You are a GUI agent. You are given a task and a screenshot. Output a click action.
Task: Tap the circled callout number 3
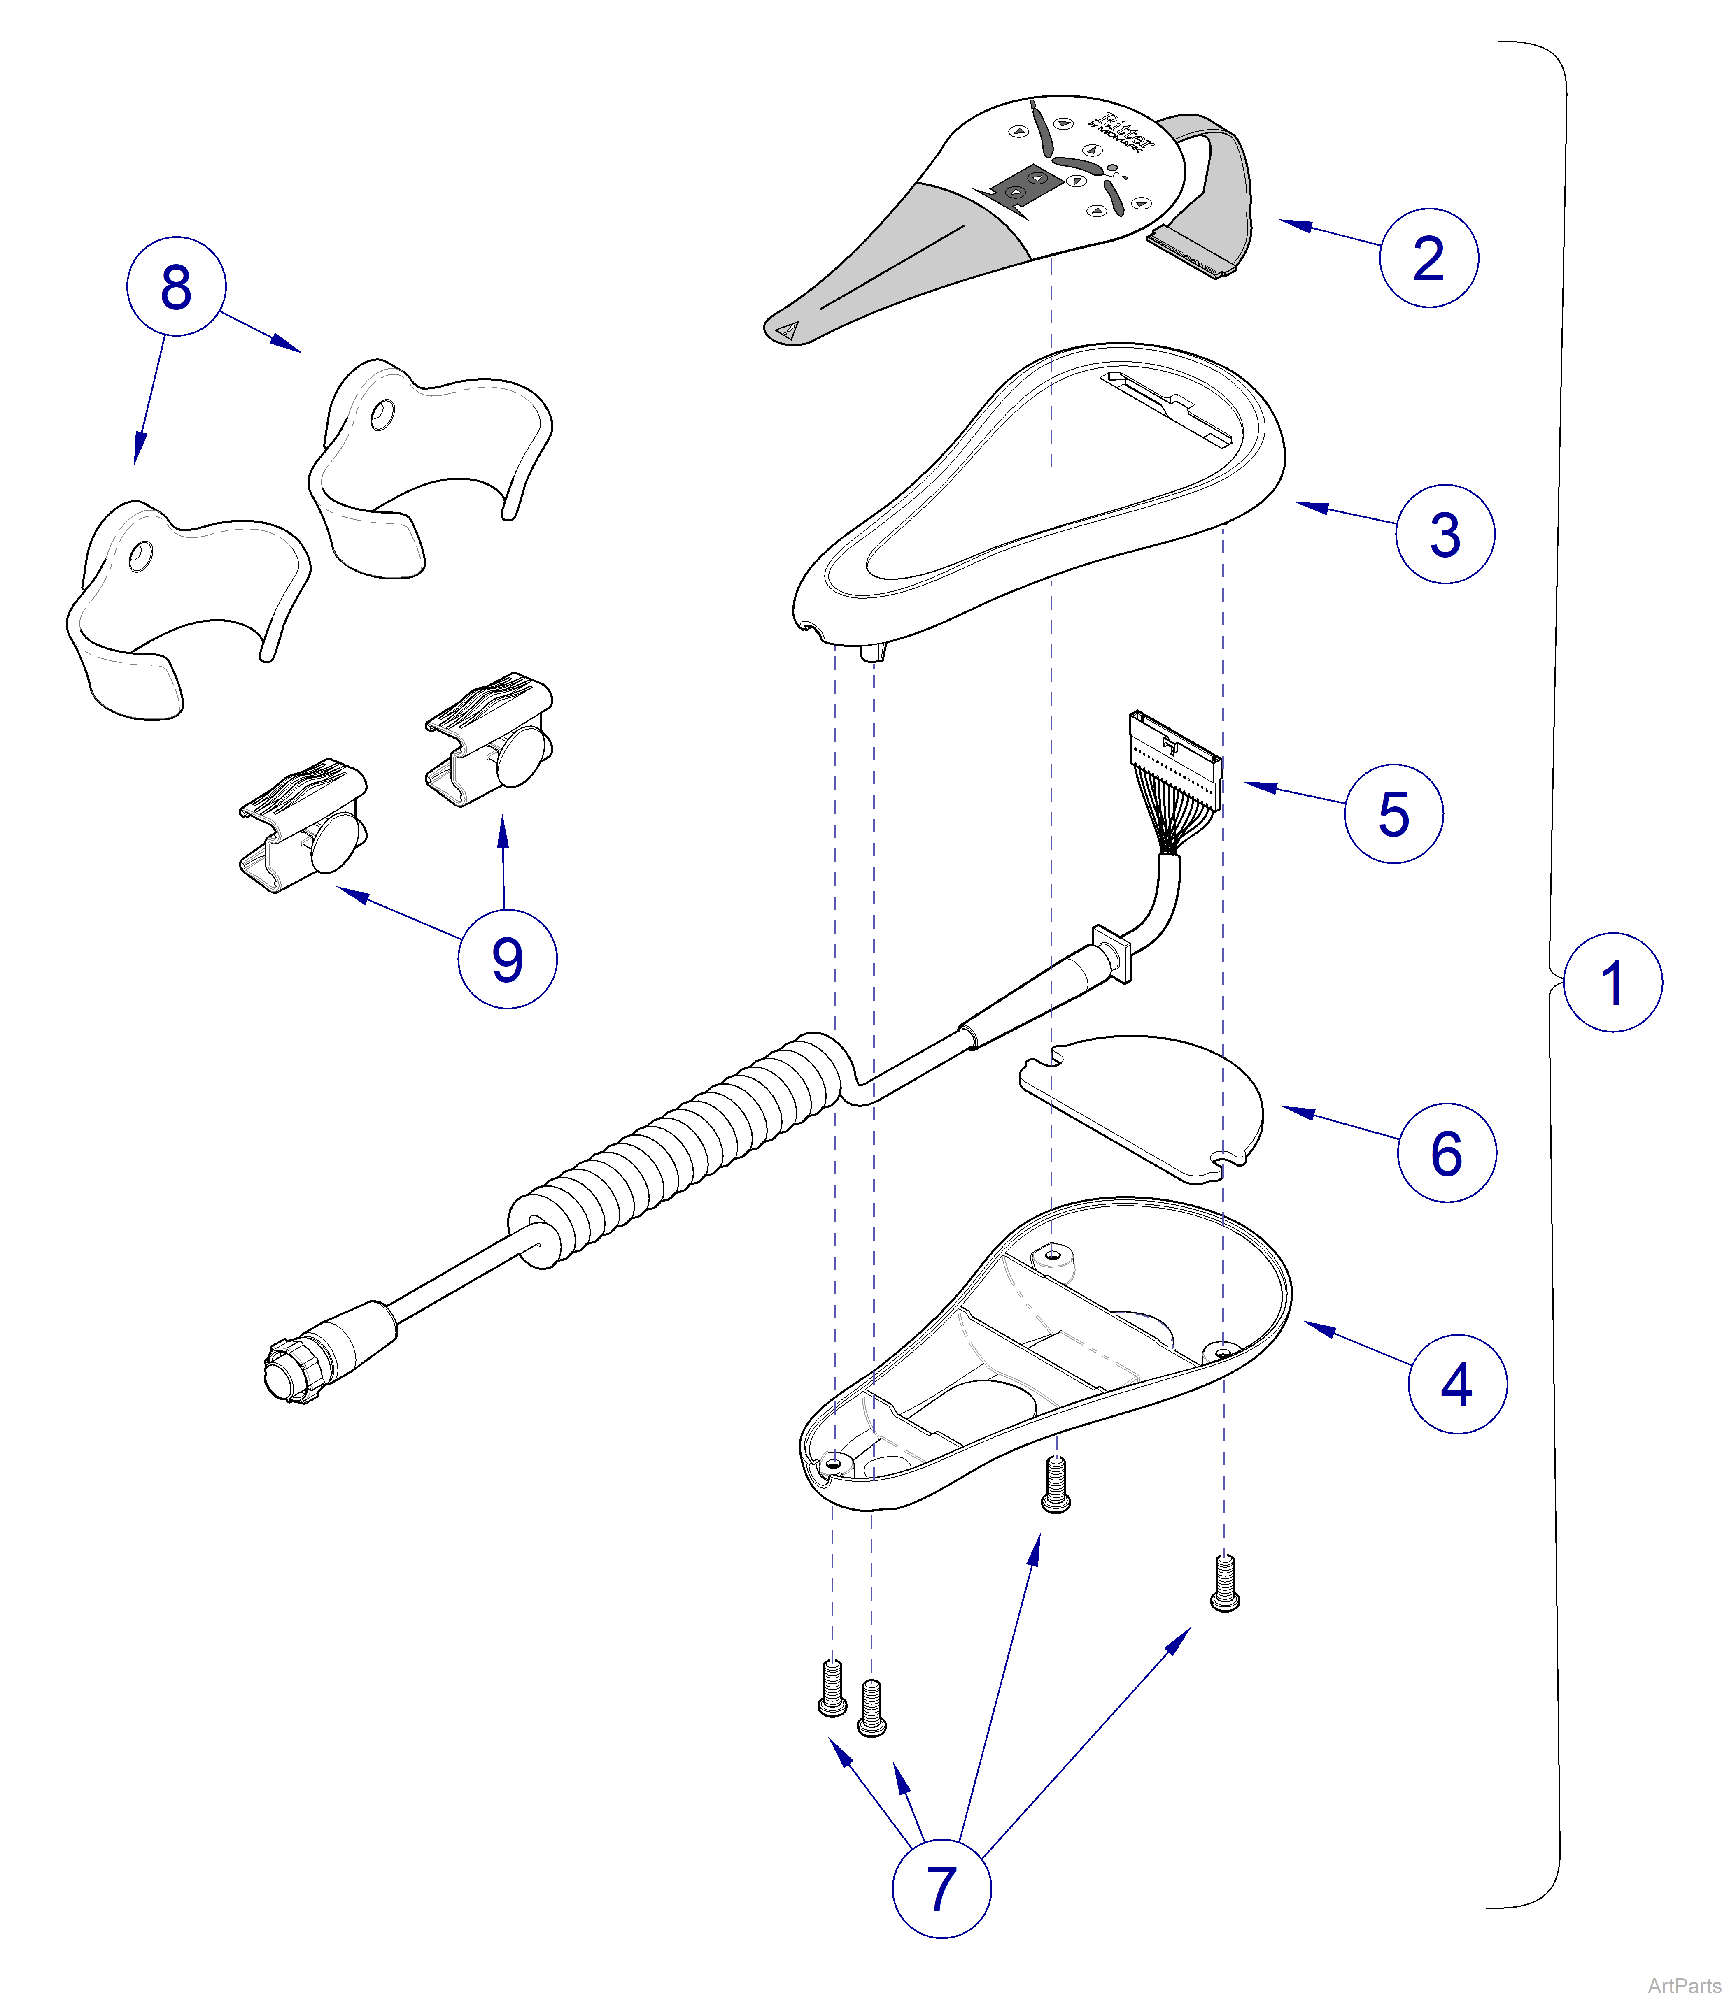point(1444,534)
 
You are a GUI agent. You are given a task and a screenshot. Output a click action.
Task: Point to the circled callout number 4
point(1456,1384)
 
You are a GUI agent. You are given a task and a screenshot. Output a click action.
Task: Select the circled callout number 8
point(176,287)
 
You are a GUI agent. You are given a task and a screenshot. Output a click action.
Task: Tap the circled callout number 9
point(507,959)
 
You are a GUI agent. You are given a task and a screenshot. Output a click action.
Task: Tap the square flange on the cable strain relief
point(1112,953)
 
